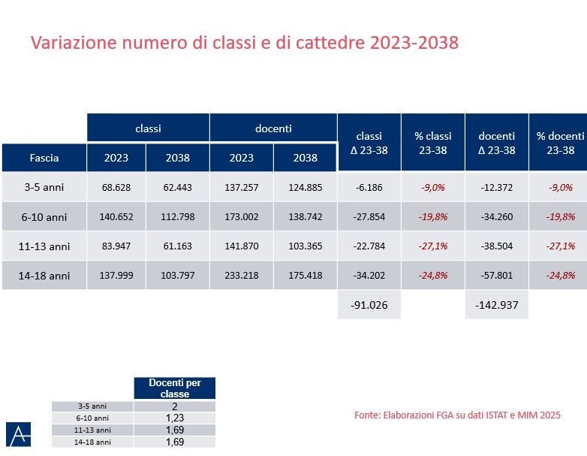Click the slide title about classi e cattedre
tap(244, 42)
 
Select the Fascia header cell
tap(44, 158)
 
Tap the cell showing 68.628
tap(116, 187)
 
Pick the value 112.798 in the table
tap(177, 217)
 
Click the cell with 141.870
tap(242, 246)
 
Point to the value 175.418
tap(305, 275)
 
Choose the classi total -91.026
tap(369, 304)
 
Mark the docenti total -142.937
tap(496, 304)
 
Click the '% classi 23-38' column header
tap(433, 143)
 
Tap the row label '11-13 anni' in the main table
tap(44, 246)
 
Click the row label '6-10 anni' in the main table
tap(44, 217)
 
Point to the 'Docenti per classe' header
tap(174, 388)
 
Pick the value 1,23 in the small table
tap(174, 418)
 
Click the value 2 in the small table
tap(174, 406)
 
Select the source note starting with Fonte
tap(457, 415)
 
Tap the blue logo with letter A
tap(18, 434)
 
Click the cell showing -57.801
tap(496, 275)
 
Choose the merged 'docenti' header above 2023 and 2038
tap(273, 128)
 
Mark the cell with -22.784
tap(369, 246)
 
